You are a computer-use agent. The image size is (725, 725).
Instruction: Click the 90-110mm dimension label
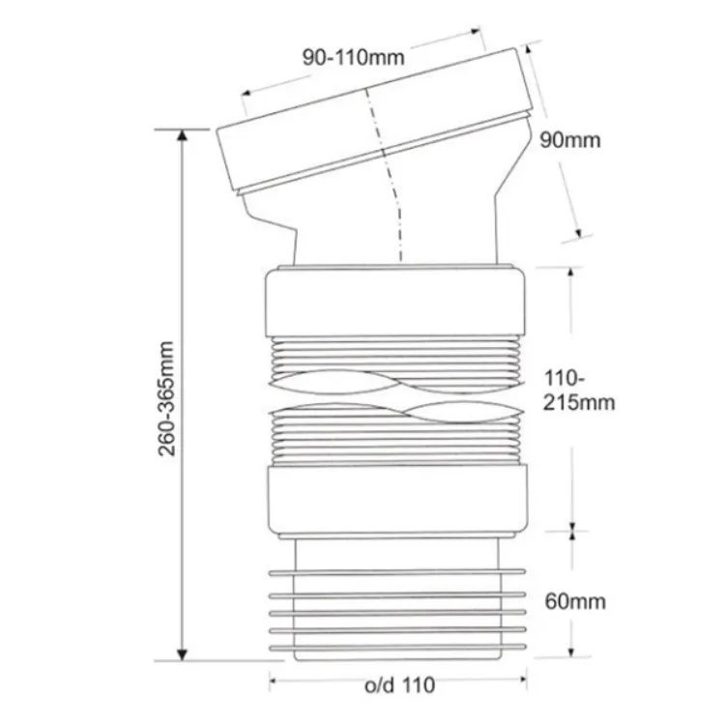click(354, 57)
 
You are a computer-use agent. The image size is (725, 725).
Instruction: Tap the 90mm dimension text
click(570, 139)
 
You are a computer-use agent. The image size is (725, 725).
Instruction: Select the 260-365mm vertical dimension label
click(166, 398)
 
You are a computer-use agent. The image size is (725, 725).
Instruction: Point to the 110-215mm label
click(579, 391)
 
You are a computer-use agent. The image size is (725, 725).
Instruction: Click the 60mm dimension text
click(575, 601)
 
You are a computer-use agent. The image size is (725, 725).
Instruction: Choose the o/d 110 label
click(400, 684)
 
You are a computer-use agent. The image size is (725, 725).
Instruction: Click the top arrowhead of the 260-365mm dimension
click(182, 134)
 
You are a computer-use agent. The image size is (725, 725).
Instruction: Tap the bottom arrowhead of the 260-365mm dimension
click(182, 655)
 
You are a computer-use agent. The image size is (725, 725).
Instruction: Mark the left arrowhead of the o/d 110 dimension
click(274, 681)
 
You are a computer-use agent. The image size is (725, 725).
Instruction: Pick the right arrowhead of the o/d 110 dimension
click(523, 680)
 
